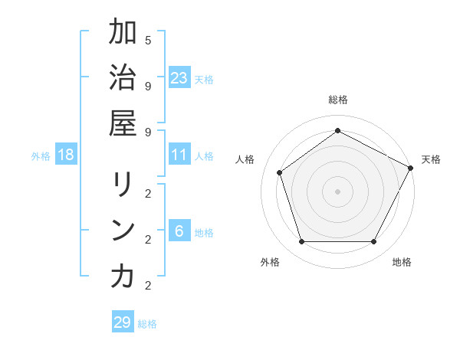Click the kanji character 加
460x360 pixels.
[122, 33]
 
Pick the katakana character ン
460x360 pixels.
[122, 231]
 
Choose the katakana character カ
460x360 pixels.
[122, 277]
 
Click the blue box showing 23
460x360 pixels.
[179, 77]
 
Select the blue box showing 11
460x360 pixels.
[179, 155]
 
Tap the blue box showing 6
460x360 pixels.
[179, 231]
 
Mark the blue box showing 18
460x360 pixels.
[66, 155]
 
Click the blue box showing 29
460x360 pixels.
[123, 322]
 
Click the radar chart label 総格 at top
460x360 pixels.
[337, 100]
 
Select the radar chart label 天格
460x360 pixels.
[431, 159]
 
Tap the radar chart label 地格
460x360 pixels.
[402, 262]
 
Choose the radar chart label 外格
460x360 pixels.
[270, 262]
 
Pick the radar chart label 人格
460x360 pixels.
[245, 159]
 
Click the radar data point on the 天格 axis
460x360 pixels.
[411, 168]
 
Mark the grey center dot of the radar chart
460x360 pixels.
[337, 191]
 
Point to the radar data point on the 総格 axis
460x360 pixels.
[337, 130]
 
